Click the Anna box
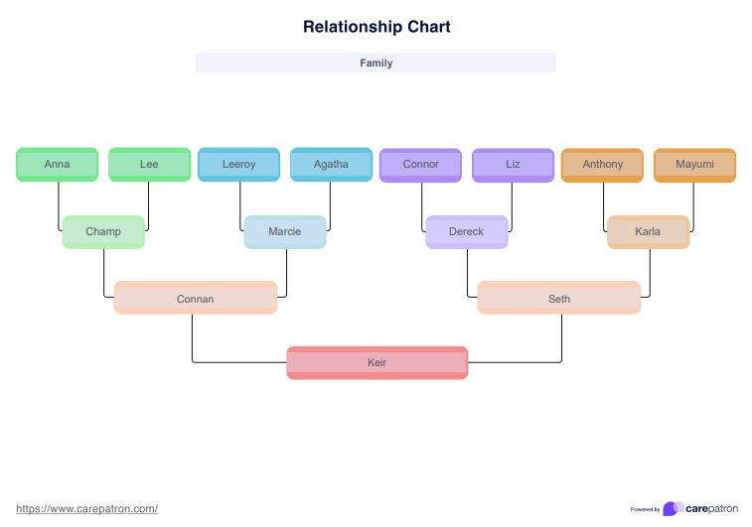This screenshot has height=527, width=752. point(57,165)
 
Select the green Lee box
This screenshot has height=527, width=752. point(149,165)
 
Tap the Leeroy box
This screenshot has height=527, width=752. point(238,165)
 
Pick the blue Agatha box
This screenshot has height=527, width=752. point(331,165)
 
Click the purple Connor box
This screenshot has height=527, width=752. point(420,165)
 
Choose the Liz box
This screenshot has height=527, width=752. point(513,165)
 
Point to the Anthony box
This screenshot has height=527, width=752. point(603,165)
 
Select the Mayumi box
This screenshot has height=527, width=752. point(694,165)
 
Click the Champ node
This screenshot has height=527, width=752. point(103,232)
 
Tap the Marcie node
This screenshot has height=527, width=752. point(285,232)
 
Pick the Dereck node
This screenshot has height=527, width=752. point(467,232)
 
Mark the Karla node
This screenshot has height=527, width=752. point(648,232)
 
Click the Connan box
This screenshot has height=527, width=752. point(196,299)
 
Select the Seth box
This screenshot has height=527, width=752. point(559,299)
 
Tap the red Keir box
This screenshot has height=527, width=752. point(377,363)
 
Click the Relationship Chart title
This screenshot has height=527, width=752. point(376,27)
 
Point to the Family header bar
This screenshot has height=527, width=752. point(376,63)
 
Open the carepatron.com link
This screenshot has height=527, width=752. point(87,509)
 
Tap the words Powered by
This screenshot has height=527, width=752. point(645,510)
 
